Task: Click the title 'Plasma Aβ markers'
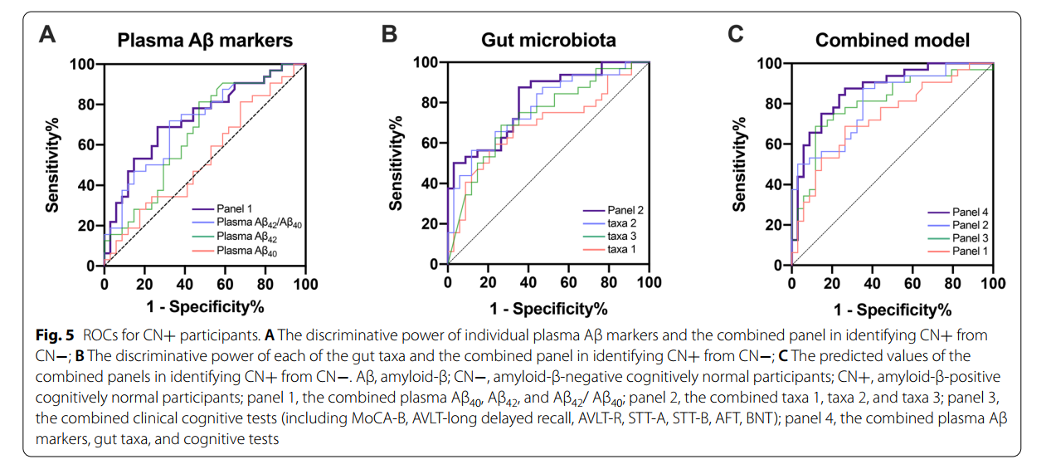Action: pyautogui.click(x=204, y=40)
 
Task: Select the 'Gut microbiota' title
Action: pyautogui.click(x=548, y=40)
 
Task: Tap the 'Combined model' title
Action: pyautogui.click(x=892, y=40)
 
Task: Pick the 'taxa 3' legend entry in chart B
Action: pyautogui.click(x=622, y=237)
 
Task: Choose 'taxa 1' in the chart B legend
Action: pyautogui.click(x=622, y=250)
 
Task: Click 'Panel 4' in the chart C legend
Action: pyautogui.click(x=970, y=213)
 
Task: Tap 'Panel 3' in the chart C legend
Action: pyautogui.click(x=970, y=237)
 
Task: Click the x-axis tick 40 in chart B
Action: pyautogui.click(x=528, y=282)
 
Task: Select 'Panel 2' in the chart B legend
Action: pyautogui.click(x=625, y=210)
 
